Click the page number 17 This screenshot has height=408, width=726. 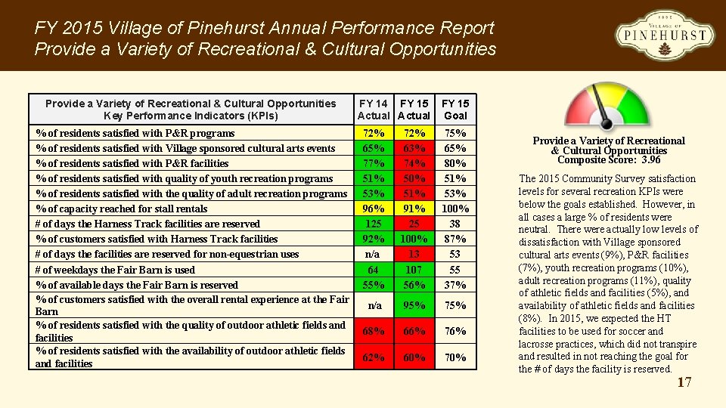(684, 382)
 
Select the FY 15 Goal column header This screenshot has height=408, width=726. (455, 110)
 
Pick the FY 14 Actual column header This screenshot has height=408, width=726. (374, 110)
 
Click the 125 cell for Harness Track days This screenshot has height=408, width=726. (374, 224)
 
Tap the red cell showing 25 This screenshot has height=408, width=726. (414, 224)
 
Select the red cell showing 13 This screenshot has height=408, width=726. (414, 254)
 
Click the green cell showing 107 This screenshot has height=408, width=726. (414, 270)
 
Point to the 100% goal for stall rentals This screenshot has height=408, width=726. (455, 209)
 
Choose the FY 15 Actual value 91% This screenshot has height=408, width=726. (414, 209)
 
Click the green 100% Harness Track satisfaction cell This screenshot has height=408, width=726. (414, 239)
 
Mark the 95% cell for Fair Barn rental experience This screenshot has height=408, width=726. (414, 306)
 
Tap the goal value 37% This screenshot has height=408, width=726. (455, 285)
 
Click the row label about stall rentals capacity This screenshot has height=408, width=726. (122, 209)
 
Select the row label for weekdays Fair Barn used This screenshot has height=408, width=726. (115, 270)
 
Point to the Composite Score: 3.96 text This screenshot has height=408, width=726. (609, 159)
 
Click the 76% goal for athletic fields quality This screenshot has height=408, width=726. (455, 331)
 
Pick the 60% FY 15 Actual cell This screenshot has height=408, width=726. (414, 357)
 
